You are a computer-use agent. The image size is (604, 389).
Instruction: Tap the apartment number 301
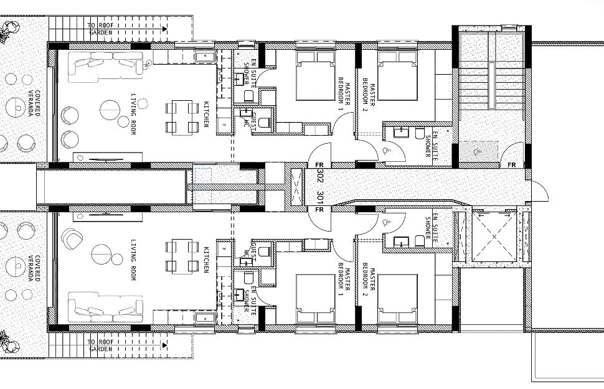point(321,198)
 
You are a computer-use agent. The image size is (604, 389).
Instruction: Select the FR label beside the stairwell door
point(512,165)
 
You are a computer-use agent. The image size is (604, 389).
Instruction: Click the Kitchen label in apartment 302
point(207,114)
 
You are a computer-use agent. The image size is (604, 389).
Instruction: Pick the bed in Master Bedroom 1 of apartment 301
point(315,299)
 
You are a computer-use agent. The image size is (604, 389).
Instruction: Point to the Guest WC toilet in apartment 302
point(265,122)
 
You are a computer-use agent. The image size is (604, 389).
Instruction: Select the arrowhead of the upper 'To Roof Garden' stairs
point(164,28)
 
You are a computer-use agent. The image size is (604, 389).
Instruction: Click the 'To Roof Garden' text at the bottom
point(100,345)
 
